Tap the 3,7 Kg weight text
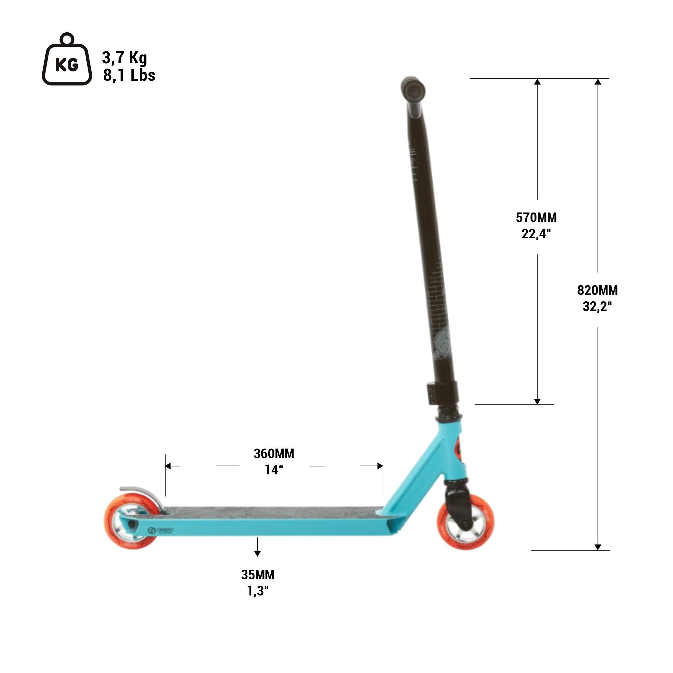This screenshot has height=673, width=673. [x=124, y=58]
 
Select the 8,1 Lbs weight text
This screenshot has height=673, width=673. [x=129, y=75]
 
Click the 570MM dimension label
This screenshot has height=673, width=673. [x=536, y=218]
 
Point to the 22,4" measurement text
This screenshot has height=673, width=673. [x=536, y=234]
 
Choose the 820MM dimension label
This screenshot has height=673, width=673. [x=597, y=290]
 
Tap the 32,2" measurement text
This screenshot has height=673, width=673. [x=597, y=306]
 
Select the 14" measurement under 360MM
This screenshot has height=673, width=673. [x=274, y=470]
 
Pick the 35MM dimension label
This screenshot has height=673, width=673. [x=258, y=575]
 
